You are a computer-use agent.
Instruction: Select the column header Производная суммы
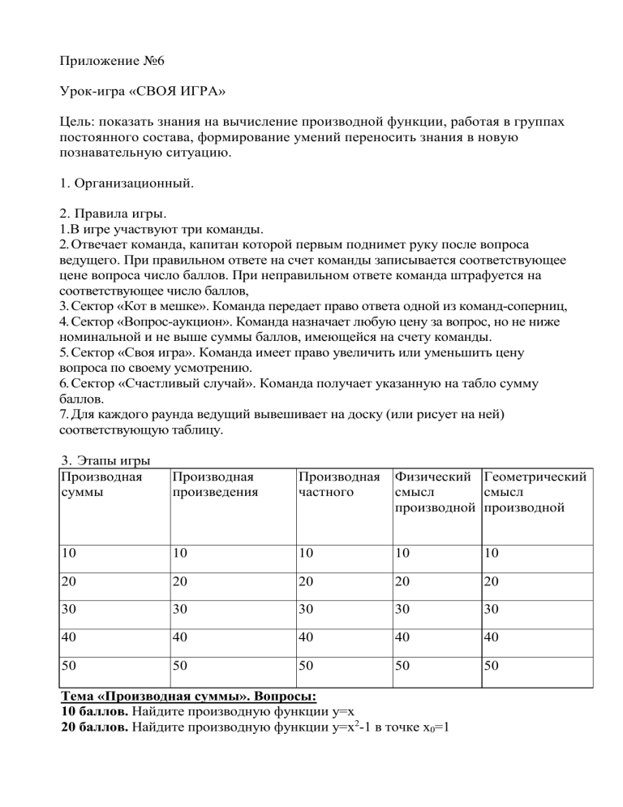coord(97,485)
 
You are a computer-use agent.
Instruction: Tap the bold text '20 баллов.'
coord(97,727)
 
